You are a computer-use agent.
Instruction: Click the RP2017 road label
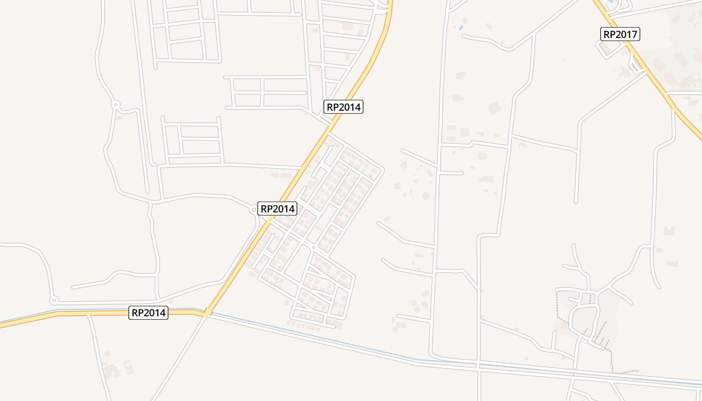click(x=620, y=34)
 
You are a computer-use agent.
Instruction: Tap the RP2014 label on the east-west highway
click(x=148, y=313)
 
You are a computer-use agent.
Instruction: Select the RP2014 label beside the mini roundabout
click(x=277, y=209)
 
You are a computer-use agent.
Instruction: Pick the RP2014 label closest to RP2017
click(x=343, y=107)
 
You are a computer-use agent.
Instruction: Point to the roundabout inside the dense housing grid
click(x=313, y=248)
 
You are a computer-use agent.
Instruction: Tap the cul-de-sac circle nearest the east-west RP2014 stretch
click(x=53, y=301)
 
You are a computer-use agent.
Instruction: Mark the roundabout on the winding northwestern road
click(x=116, y=105)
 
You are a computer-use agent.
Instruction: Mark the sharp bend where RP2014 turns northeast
click(x=207, y=313)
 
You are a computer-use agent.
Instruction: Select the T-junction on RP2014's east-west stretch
click(x=88, y=314)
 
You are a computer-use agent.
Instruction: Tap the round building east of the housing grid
click(x=426, y=195)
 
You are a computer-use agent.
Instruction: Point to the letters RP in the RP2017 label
click(x=610, y=34)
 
